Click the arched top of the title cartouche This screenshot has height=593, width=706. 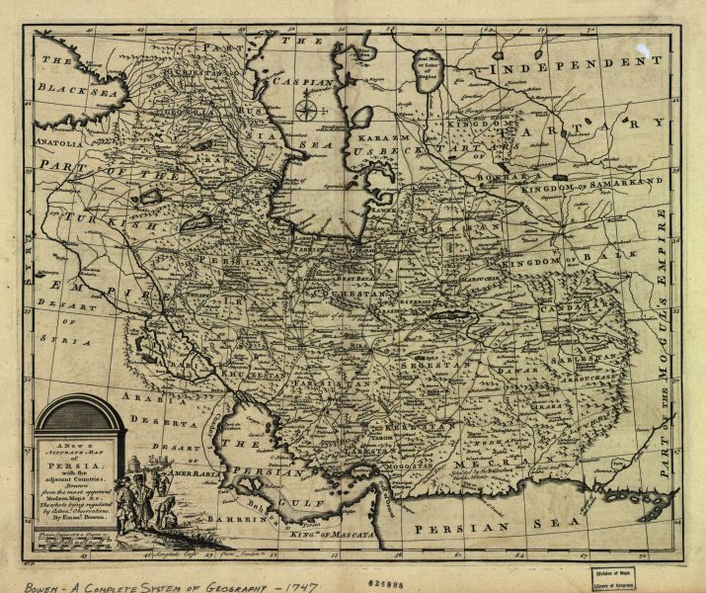[79, 407]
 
